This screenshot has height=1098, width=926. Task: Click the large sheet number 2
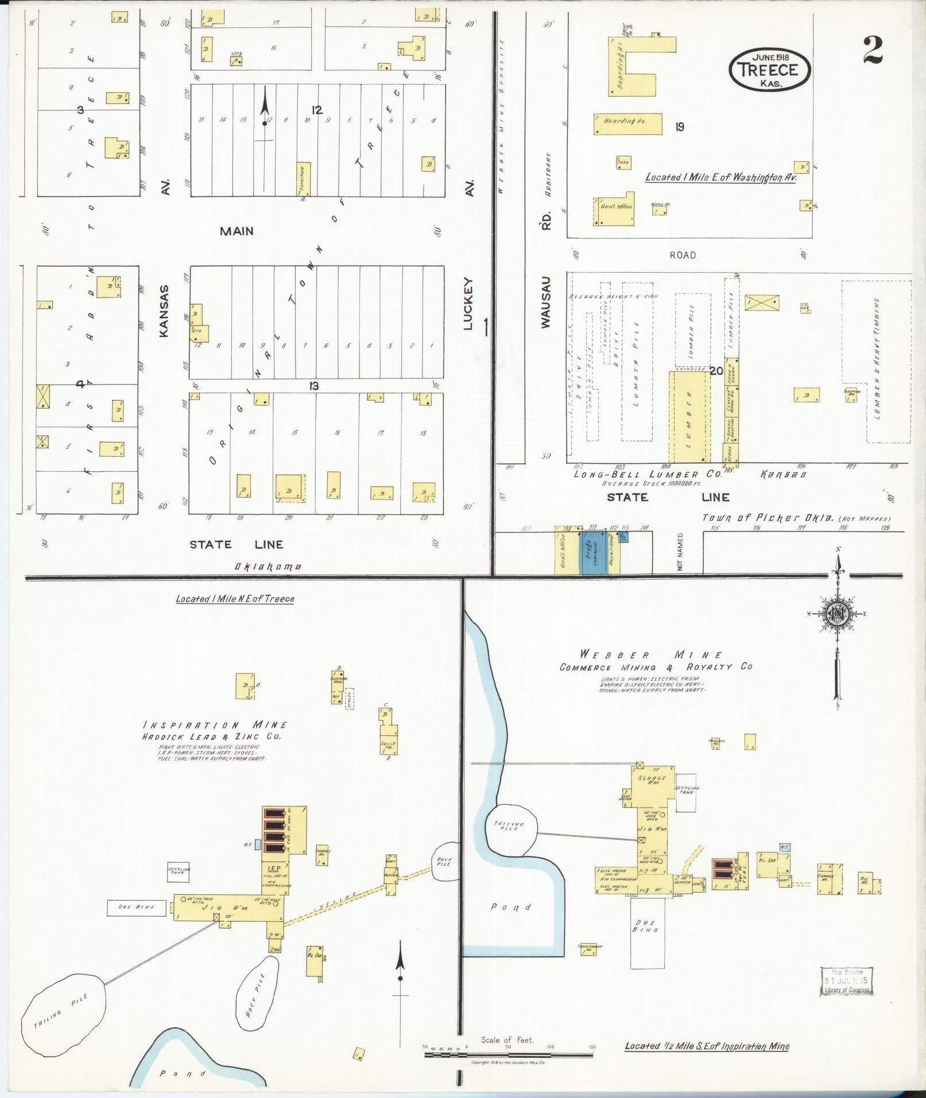(x=872, y=50)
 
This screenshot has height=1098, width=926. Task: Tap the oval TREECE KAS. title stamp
(x=769, y=69)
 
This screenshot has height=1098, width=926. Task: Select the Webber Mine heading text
(x=651, y=655)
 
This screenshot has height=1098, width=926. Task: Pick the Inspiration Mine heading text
(x=215, y=725)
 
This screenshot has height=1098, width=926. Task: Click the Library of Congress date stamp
(x=846, y=981)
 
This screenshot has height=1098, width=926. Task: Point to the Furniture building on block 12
(x=303, y=178)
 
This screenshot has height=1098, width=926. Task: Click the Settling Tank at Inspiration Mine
(x=178, y=872)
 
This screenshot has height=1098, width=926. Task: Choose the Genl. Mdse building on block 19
(x=613, y=211)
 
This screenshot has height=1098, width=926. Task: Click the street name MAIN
(x=237, y=231)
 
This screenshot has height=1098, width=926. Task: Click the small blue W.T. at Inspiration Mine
(x=258, y=845)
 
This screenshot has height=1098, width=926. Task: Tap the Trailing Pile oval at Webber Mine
(x=510, y=827)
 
